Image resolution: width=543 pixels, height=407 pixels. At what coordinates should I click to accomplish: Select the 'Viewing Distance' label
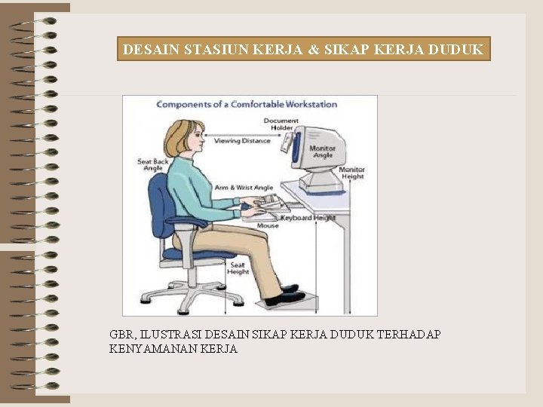point(242,141)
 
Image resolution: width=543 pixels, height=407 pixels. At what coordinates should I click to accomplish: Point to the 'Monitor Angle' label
point(322,151)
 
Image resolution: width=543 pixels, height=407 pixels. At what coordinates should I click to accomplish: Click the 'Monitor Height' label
point(352,173)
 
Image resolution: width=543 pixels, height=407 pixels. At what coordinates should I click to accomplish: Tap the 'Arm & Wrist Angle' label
point(244,187)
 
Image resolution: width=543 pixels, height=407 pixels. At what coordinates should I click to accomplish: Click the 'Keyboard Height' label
point(308,218)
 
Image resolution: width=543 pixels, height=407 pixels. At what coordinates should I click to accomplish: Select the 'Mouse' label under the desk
point(268,225)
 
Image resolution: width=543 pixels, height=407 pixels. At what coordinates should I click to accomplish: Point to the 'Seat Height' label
point(238,268)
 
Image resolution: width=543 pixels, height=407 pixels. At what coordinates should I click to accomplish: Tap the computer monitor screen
point(297,151)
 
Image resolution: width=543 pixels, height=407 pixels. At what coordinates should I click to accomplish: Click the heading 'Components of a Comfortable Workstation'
point(247,104)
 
